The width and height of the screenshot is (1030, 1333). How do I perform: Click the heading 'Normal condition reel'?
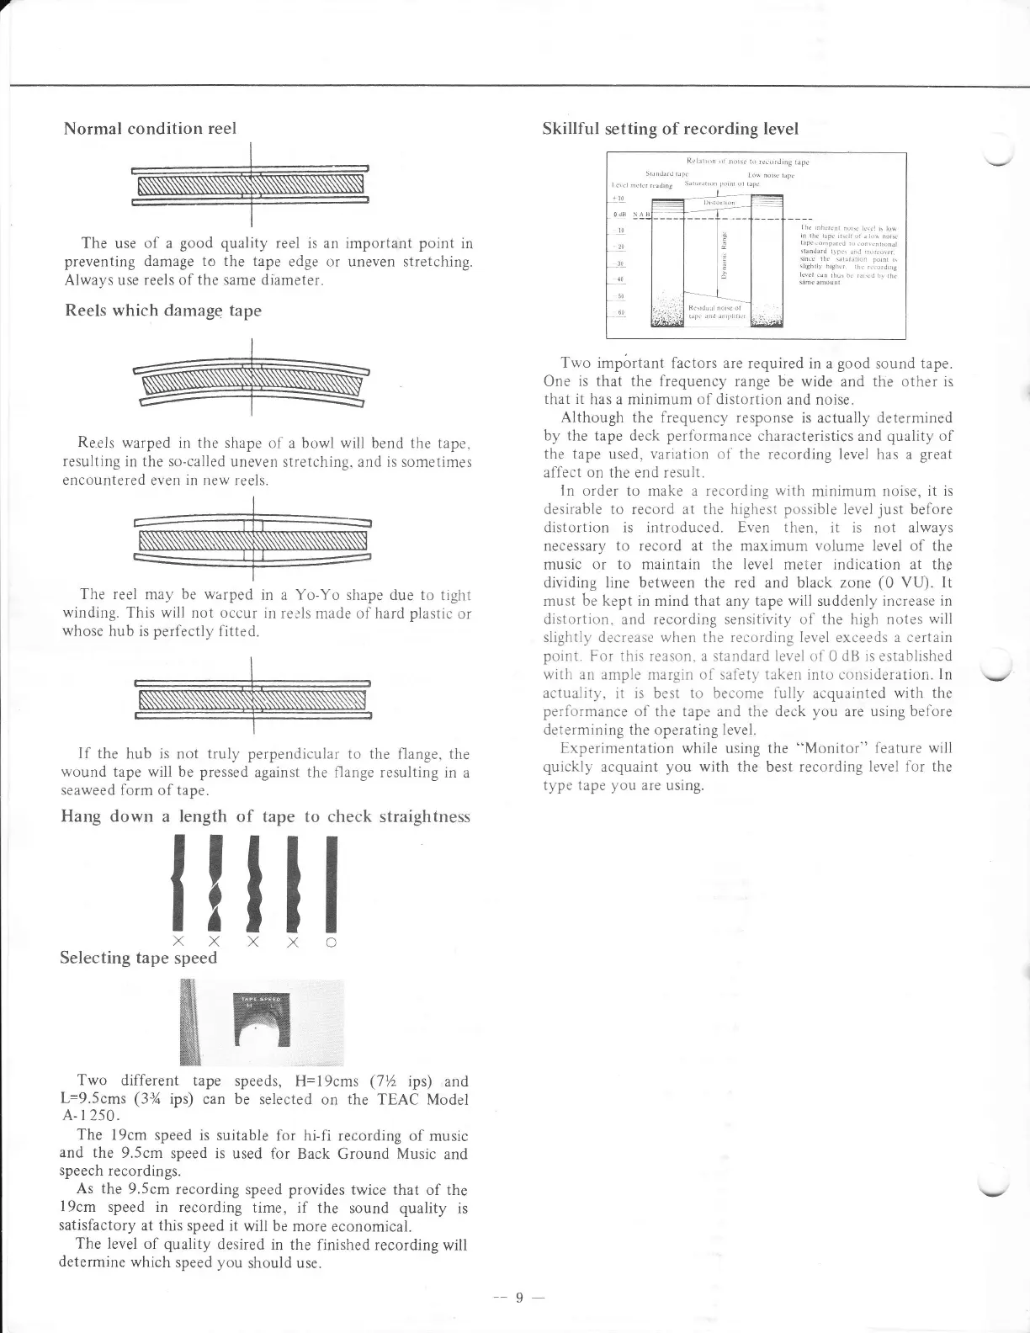click(150, 129)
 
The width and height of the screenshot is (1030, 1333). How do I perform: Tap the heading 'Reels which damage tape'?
click(163, 310)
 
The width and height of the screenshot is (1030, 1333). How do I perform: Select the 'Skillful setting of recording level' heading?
click(671, 129)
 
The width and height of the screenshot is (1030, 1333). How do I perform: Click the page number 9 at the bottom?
click(520, 1297)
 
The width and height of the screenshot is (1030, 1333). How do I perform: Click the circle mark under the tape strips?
click(332, 943)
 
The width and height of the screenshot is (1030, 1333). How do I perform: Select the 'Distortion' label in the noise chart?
click(718, 203)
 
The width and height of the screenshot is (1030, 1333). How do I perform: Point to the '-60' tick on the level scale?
click(621, 313)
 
